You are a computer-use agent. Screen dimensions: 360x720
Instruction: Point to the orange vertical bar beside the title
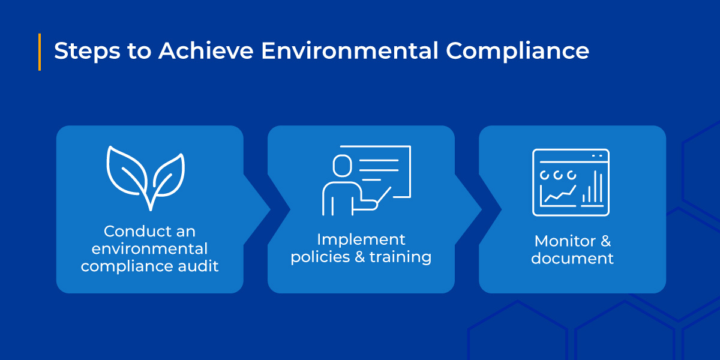click(x=40, y=52)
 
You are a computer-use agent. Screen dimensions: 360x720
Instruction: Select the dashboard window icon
click(x=571, y=182)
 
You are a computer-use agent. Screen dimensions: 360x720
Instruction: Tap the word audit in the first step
click(x=200, y=265)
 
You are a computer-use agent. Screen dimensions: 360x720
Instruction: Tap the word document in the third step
click(x=572, y=259)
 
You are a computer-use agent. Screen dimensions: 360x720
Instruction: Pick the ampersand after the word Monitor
click(x=605, y=241)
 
